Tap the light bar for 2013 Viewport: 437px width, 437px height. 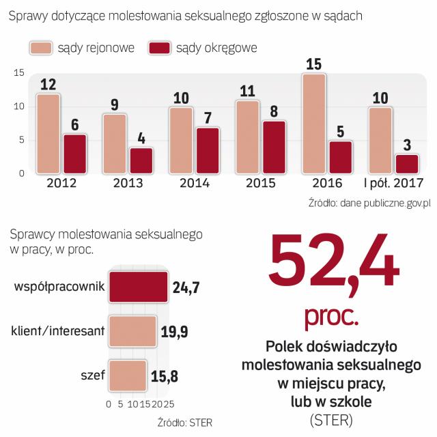pos(114,143)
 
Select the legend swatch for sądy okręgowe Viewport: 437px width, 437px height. pos(159,48)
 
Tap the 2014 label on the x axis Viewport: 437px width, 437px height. pos(195,183)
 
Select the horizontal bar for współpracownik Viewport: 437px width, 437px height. pos(138,287)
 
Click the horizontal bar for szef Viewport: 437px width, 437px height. pos(128,375)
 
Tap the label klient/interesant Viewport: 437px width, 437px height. pos(58,332)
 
